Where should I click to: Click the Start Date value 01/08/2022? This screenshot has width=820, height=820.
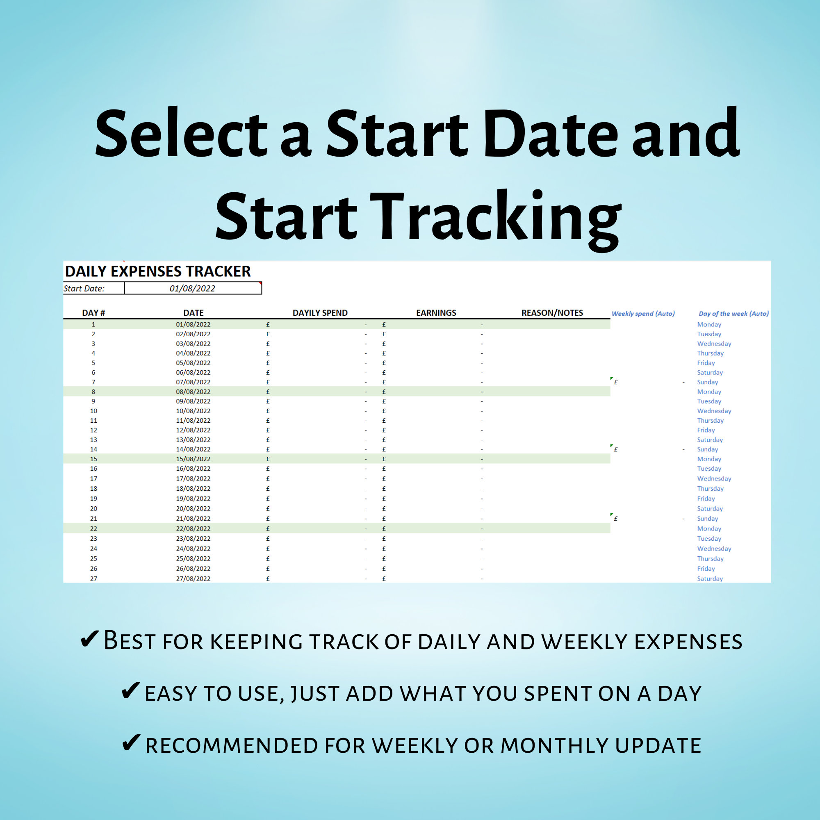[192, 289]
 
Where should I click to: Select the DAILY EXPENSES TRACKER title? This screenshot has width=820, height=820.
[157, 271]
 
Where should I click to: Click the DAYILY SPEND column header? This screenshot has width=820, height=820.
[320, 313]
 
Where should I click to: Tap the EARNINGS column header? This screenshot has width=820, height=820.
[436, 313]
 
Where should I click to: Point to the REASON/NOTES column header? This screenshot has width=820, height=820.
[552, 313]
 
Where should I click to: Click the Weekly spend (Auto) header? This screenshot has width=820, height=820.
[643, 314]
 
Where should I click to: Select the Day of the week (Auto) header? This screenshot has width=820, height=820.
[733, 314]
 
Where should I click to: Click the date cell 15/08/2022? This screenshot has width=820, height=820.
[193, 459]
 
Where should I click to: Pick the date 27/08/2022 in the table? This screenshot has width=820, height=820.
[193, 579]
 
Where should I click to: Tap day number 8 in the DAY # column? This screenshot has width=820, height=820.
[93, 392]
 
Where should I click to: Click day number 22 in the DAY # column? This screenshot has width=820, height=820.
[93, 528]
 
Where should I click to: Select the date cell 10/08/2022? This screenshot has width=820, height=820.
[193, 411]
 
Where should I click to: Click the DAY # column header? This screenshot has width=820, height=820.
[93, 313]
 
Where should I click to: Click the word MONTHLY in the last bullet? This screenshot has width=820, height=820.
[554, 746]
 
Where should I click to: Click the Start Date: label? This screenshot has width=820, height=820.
[84, 289]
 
